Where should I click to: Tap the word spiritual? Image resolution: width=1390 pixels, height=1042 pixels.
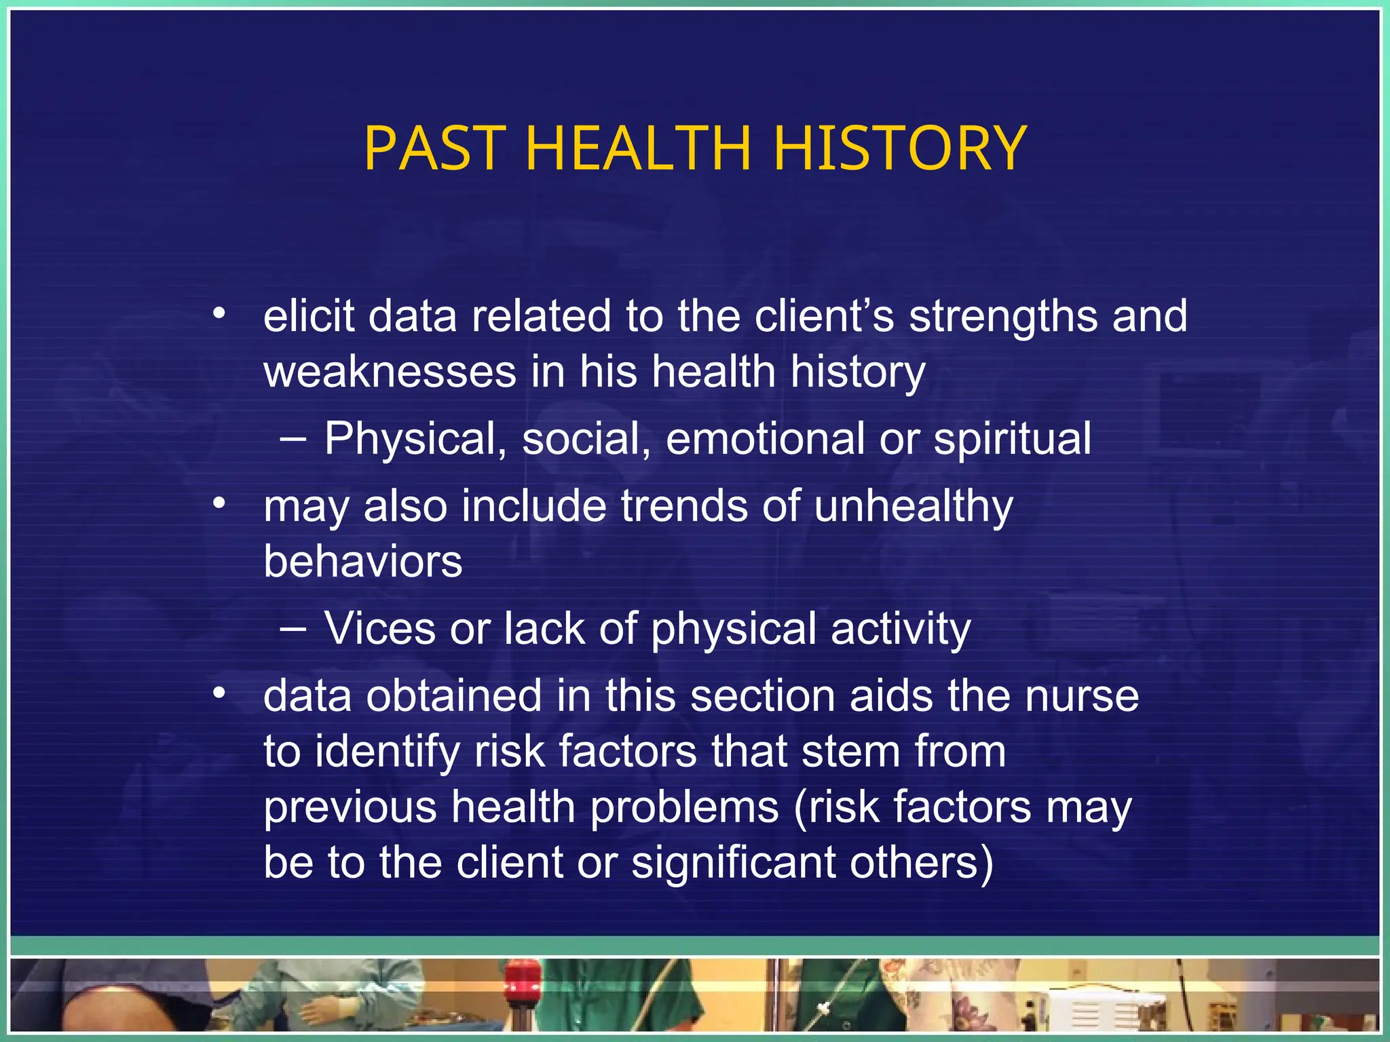pyautogui.click(x=1013, y=439)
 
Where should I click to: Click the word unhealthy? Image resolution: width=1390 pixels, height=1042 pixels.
pyautogui.click(x=913, y=507)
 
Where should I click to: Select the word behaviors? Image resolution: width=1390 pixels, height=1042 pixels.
pyautogui.click(x=363, y=562)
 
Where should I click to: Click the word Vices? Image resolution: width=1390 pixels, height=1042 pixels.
pyautogui.click(x=379, y=628)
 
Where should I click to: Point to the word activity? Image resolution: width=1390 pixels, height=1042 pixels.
pyautogui.click(x=901, y=630)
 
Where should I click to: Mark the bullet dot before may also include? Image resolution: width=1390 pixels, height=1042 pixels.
pyautogui.click(x=219, y=503)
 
